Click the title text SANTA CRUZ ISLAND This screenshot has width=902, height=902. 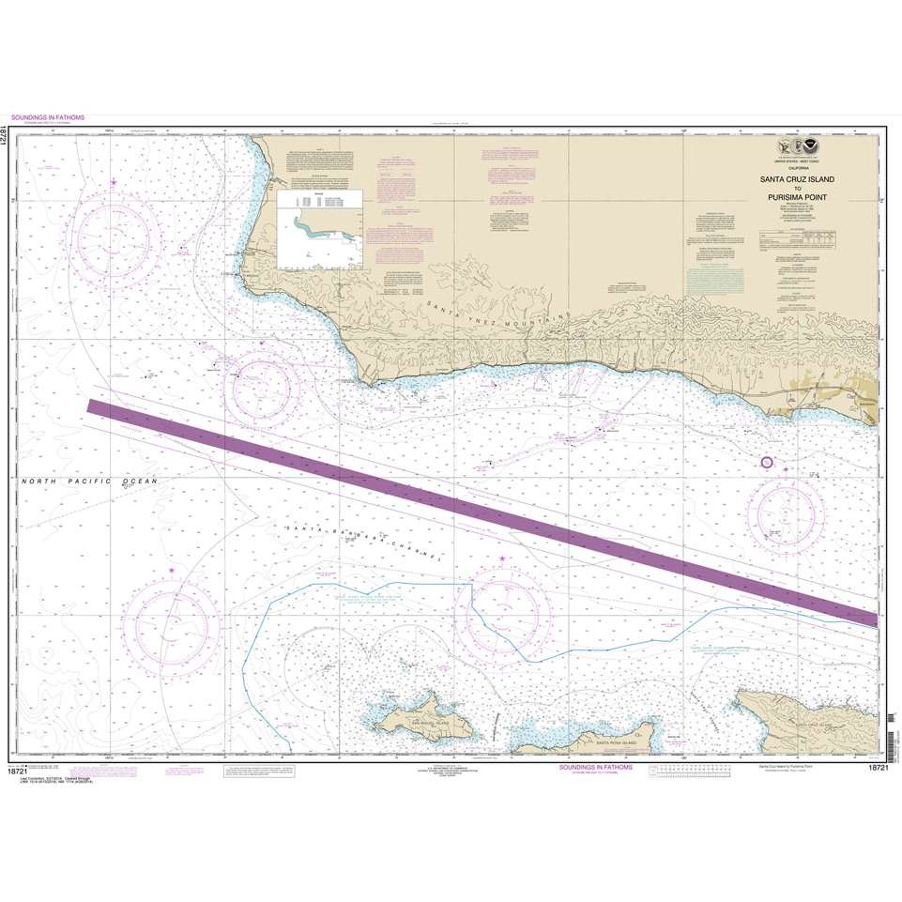point(794,177)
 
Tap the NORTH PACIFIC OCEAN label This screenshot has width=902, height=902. point(89,481)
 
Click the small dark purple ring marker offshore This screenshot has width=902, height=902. point(766,462)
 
